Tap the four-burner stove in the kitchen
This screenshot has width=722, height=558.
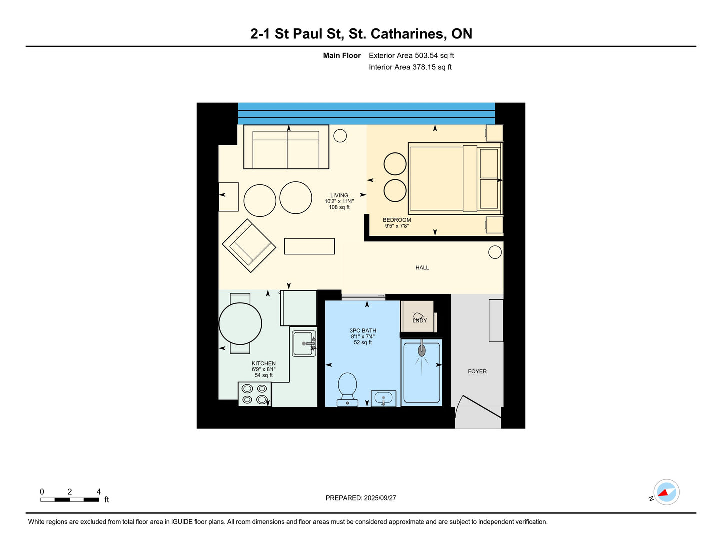(x=254, y=394)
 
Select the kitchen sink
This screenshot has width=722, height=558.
(x=304, y=344)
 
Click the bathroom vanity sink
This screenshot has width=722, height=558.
(x=383, y=399)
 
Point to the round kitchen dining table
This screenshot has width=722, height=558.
(x=240, y=324)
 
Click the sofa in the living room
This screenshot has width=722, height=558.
(x=286, y=147)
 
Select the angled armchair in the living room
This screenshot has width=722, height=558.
(x=249, y=245)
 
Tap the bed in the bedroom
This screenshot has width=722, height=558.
(x=455, y=178)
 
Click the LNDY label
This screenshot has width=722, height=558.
(x=420, y=320)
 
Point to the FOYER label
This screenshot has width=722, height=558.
(x=477, y=371)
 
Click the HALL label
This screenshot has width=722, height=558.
(x=422, y=268)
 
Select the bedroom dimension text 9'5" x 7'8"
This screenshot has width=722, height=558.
(x=397, y=226)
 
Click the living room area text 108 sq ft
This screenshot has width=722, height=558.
(x=339, y=207)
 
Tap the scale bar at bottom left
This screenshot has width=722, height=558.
(x=69, y=499)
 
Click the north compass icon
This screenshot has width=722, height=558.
(x=666, y=493)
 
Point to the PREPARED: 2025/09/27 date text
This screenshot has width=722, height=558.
(x=361, y=498)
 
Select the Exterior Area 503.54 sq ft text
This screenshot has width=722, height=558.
(x=411, y=56)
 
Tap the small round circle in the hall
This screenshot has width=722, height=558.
(x=495, y=252)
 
